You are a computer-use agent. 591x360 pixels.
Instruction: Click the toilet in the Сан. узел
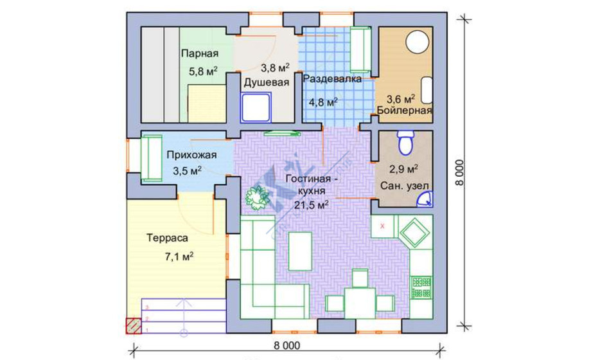[x=405, y=143]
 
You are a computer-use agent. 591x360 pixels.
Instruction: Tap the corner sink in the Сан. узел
[x=426, y=199]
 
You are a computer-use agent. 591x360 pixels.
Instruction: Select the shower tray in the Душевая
[x=256, y=107]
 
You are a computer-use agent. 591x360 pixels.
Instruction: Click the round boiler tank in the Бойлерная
[x=418, y=41]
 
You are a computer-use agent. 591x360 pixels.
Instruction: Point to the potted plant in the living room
[x=258, y=198]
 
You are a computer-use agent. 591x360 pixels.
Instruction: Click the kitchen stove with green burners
[x=421, y=287]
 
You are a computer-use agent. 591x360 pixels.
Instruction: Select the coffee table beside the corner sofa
[x=300, y=251]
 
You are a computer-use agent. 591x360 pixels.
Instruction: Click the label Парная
[x=200, y=53]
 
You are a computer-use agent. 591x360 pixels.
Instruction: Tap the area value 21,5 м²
[x=312, y=204]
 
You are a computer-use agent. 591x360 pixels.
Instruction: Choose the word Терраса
[x=168, y=238]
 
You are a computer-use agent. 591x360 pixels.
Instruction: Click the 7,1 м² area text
[x=179, y=257]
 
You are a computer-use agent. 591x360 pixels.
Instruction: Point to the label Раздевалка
[x=333, y=79]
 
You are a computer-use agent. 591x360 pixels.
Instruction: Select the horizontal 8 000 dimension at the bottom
[x=287, y=346]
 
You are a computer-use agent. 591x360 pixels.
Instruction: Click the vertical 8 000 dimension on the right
[x=459, y=172]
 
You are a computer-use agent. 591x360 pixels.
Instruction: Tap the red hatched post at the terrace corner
[x=134, y=326]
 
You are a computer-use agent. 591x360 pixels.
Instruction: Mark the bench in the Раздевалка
[x=361, y=50]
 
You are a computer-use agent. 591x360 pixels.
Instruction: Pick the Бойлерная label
[x=405, y=111]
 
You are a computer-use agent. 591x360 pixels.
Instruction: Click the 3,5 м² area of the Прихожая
[x=188, y=170]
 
